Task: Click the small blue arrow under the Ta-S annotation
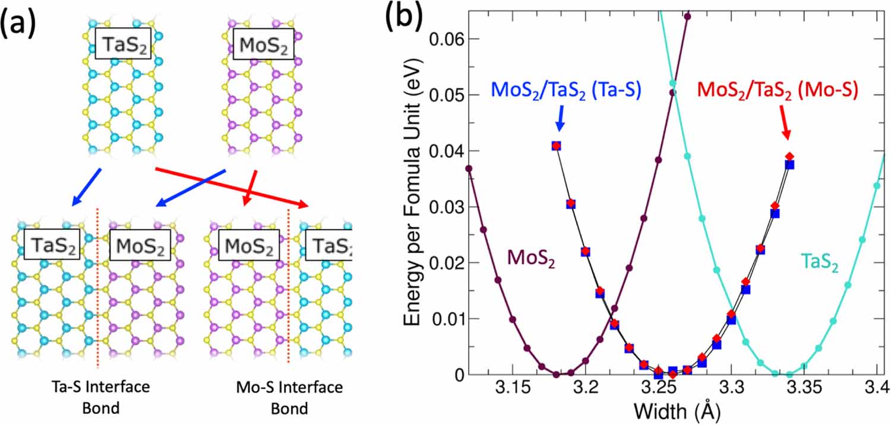(560, 122)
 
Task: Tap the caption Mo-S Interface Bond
(289, 398)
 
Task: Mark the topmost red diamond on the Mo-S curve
(789, 156)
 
